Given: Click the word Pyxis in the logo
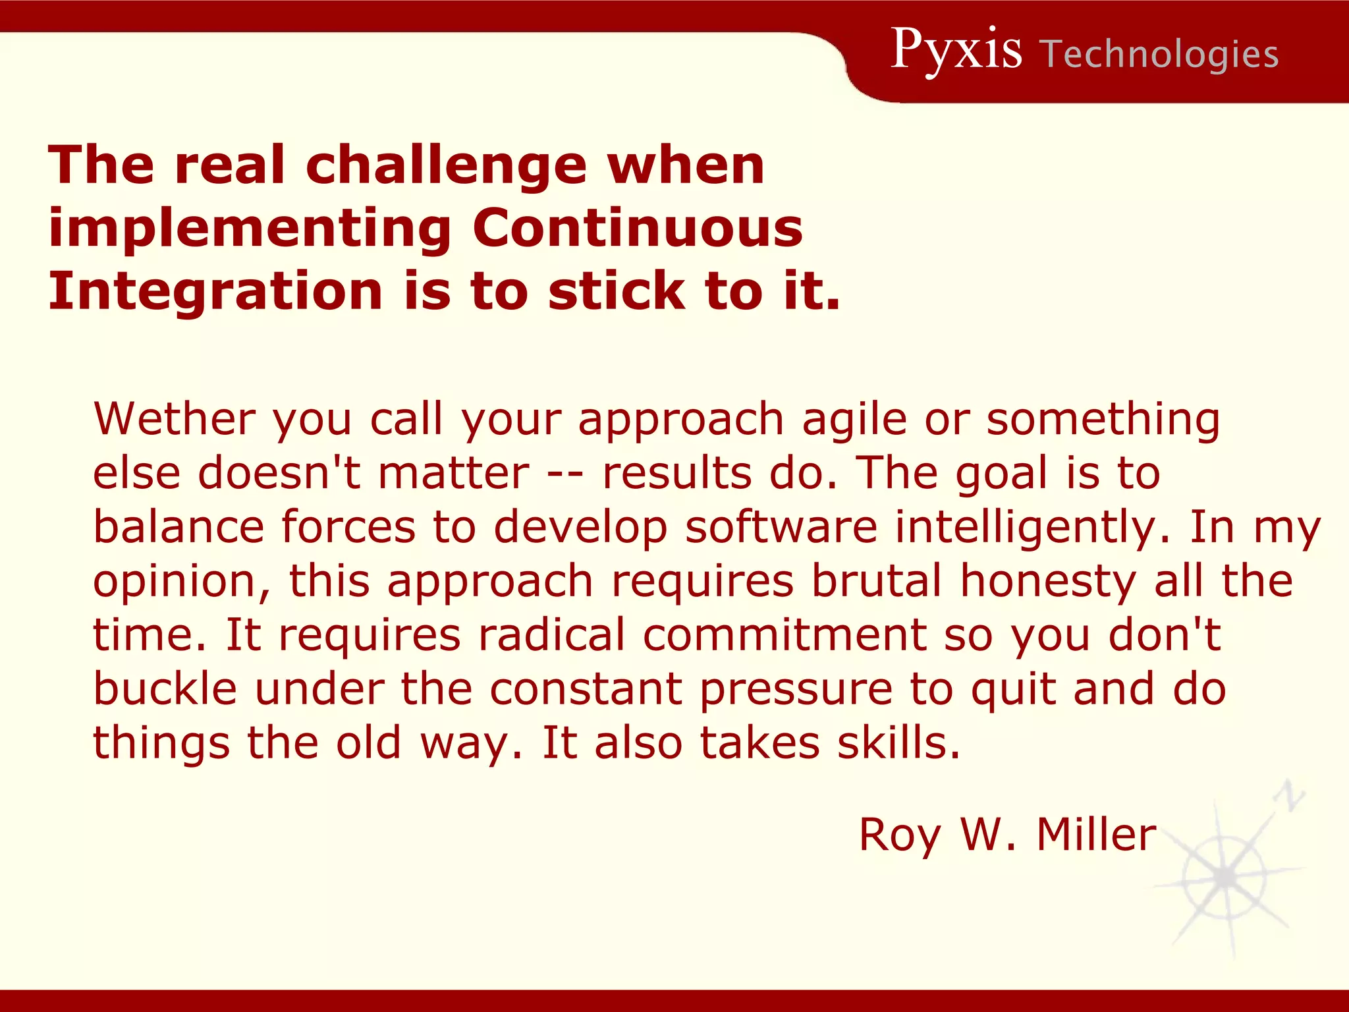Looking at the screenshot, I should tap(956, 50).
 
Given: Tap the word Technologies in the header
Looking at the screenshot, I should tap(1161, 54).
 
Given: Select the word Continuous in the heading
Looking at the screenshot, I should tap(638, 228).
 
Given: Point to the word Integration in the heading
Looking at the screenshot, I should tap(215, 291).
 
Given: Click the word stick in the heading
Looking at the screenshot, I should tap(617, 291).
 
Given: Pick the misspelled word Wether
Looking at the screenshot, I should tap(174, 419).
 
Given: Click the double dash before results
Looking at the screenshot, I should tap(566, 474).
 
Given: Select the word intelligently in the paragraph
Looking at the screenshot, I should tap(1032, 528).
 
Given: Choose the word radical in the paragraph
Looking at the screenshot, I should tap(551, 635).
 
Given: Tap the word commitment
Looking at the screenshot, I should tap(785, 635).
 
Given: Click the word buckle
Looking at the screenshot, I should tap(165, 689).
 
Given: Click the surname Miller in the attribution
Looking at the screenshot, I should tap(1096, 835).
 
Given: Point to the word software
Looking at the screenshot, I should tap(781, 528).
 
